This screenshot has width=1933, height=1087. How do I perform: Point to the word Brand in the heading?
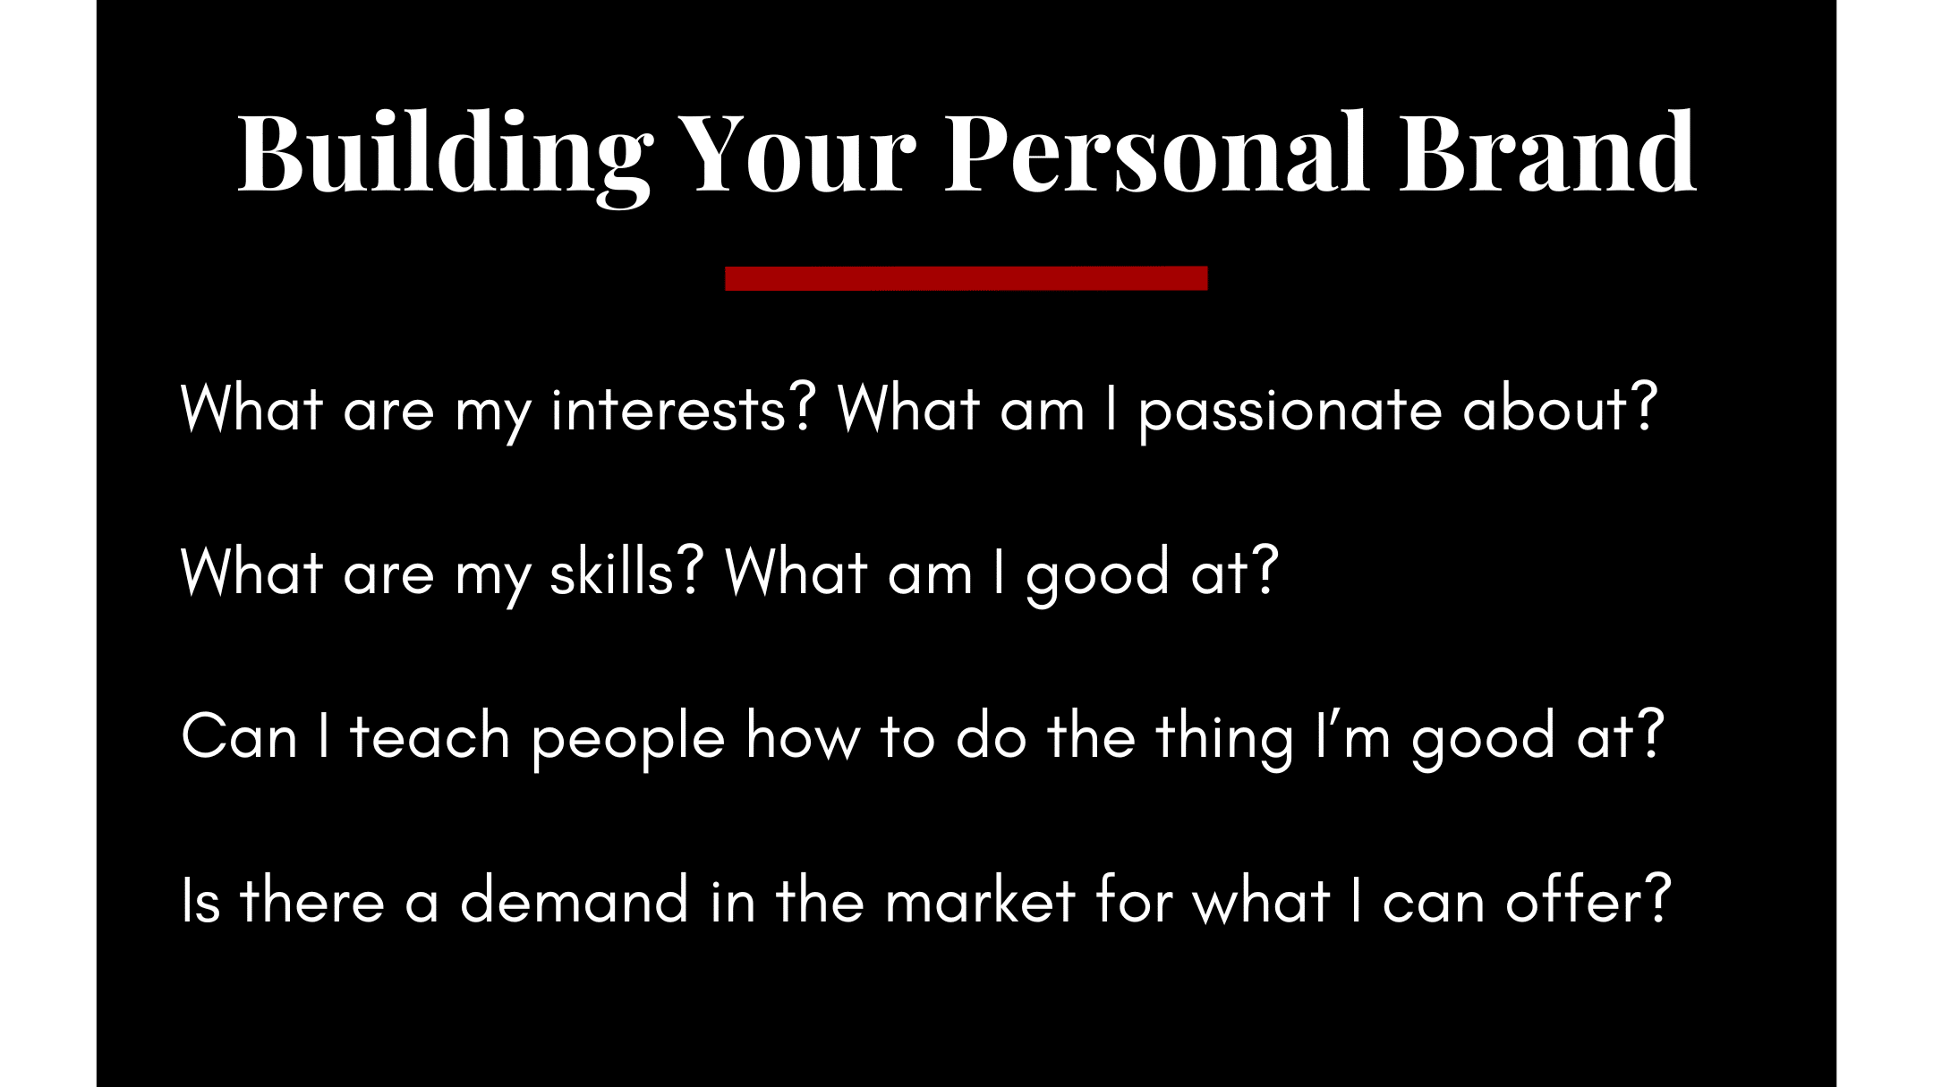[x=1547, y=150]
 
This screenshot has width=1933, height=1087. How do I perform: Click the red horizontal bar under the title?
[x=966, y=278]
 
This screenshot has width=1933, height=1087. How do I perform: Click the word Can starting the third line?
[x=239, y=736]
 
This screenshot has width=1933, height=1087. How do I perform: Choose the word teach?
[x=430, y=735]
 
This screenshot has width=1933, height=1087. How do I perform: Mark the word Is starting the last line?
[x=200, y=899]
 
